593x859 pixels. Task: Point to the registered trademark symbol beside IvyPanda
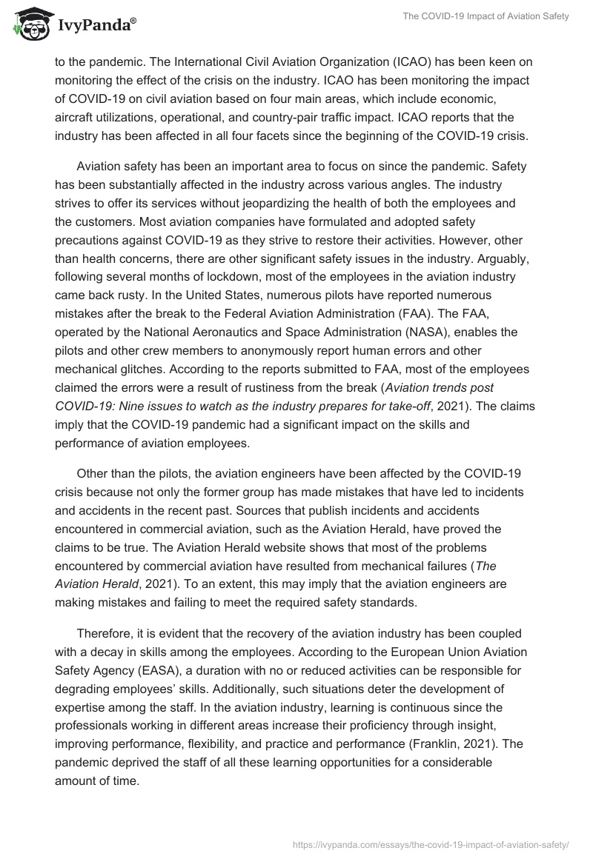(x=133, y=22)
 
